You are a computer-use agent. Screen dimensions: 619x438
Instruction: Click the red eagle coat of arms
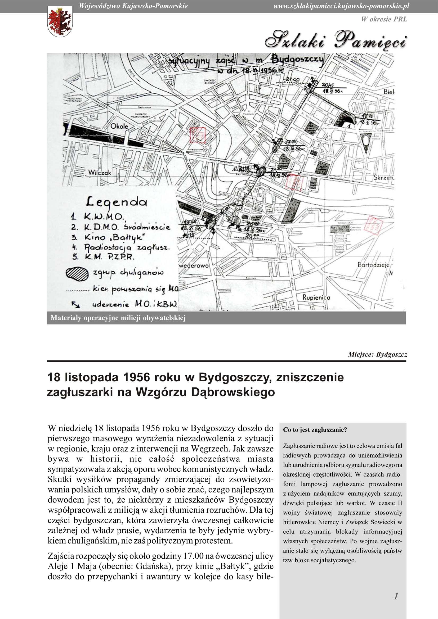60,21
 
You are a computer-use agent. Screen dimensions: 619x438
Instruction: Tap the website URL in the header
341,6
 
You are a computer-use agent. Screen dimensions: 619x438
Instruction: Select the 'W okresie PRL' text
384,19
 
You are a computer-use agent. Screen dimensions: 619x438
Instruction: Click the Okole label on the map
119,126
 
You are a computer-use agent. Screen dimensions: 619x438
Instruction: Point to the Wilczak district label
100,173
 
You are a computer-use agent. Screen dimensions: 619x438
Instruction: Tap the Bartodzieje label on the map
374,265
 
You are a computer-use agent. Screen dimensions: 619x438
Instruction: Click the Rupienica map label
316,297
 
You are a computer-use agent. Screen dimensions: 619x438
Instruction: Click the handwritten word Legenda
117,202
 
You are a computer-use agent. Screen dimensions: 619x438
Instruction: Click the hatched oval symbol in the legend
77,274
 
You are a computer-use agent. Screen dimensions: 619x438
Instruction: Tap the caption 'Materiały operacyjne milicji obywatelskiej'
118,318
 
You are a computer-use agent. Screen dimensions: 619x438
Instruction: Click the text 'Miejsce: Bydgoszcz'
377,354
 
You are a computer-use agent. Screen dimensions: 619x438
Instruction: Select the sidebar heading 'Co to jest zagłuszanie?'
315,430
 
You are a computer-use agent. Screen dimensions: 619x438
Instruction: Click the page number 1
396,596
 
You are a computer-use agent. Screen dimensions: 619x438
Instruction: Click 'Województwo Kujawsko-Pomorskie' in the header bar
133,6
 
